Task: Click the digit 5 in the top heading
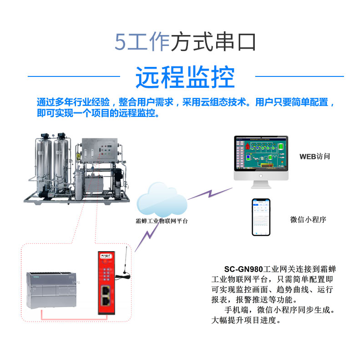pos(120,42)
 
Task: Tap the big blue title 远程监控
pos(185,77)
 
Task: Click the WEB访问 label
pos(314,157)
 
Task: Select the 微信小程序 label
pos(308,220)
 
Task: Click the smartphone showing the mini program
pos(261,217)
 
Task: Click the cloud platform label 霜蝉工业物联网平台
pos(162,221)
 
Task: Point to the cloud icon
pos(162,200)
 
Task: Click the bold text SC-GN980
pos(244,269)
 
